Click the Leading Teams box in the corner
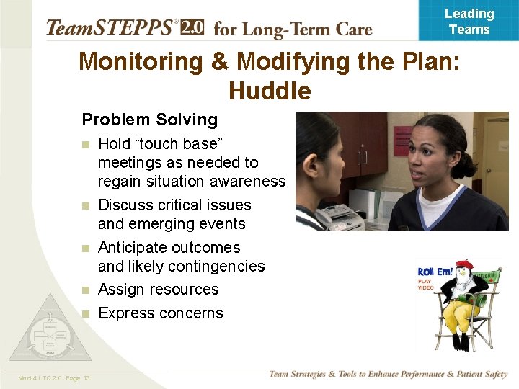tap(469, 21)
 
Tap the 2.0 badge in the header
tap(192, 27)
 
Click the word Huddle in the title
tap(270, 91)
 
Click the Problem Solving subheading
tap(149, 120)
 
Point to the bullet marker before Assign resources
tap(86, 290)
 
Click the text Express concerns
tap(160, 313)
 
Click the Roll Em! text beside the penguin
tap(435, 272)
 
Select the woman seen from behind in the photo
tap(317, 173)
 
